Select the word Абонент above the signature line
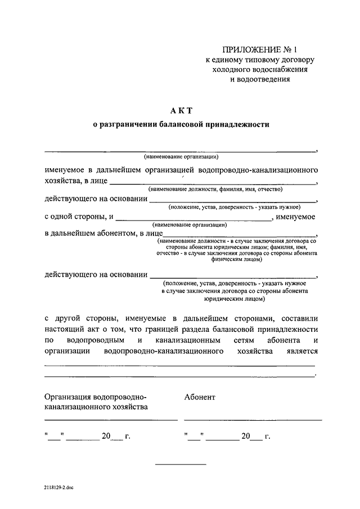click(200, 397)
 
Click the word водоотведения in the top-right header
click(260, 79)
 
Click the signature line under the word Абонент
click(253, 420)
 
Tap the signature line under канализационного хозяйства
click(111, 420)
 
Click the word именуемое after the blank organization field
click(296, 217)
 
